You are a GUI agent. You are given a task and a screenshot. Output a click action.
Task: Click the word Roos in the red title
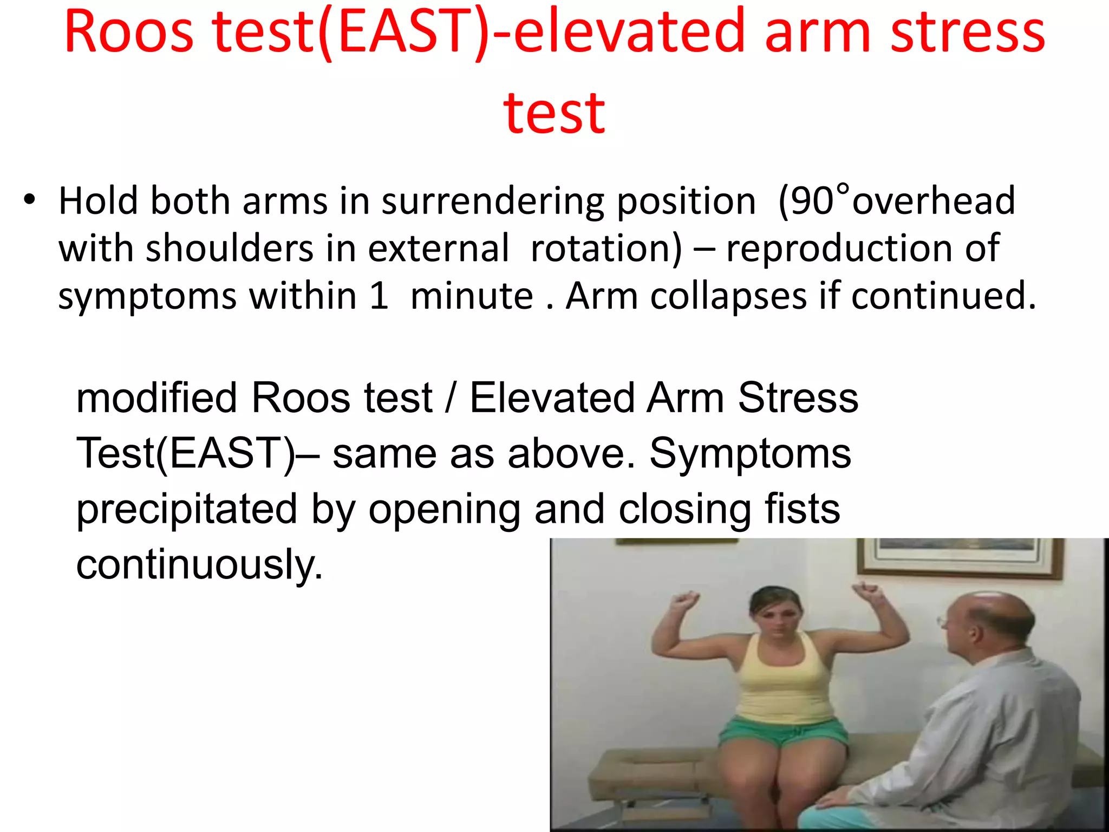[x=129, y=32]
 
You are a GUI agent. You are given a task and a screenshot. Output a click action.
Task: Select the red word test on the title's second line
[x=553, y=114]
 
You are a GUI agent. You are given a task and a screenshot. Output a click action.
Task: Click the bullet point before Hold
[x=29, y=200]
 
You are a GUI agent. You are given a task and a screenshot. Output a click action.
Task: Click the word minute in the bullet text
[x=472, y=296]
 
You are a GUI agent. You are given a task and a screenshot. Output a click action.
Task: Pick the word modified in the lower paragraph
[x=157, y=398]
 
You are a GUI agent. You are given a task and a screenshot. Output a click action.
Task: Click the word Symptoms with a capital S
[x=750, y=453]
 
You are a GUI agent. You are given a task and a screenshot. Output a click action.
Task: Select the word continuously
[x=199, y=564]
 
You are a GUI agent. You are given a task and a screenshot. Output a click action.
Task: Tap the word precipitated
[x=187, y=509]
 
